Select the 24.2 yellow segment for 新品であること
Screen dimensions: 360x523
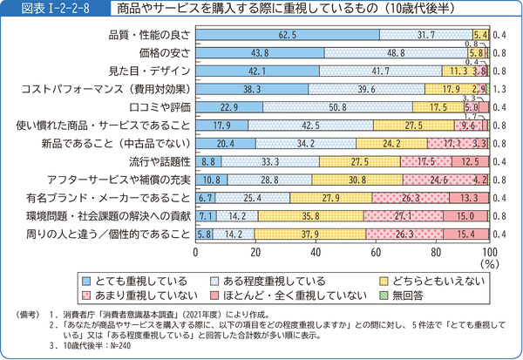(x=391, y=143)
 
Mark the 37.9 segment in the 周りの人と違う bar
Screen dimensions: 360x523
(x=313, y=234)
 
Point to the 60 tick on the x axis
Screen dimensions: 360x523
(x=375, y=252)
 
